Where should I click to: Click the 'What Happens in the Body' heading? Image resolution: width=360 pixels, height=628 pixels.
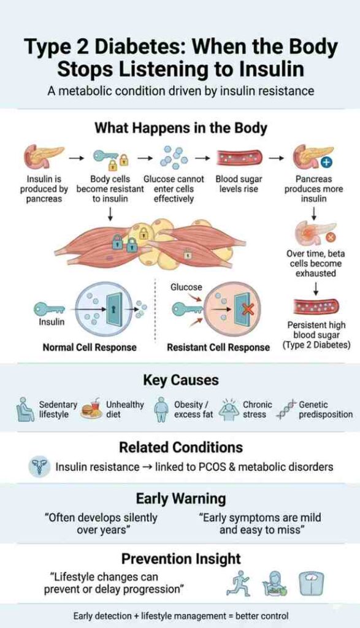pyautogui.click(x=180, y=128)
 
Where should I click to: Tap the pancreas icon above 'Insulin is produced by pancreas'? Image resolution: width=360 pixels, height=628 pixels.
pyautogui.click(x=43, y=157)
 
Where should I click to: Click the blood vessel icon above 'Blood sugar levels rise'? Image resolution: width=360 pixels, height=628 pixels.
pyautogui.click(x=236, y=158)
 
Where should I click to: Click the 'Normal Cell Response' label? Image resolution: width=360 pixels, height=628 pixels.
pyautogui.click(x=90, y=347)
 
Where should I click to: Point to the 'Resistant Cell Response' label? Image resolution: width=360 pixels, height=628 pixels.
pyautogui.click(x=218, y=347)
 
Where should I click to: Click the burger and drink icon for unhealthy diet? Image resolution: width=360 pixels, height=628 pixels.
pyautogui.click(x=91, y=409)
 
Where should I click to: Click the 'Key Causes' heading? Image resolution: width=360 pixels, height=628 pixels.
pyautogui.click(x=180, y=380)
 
